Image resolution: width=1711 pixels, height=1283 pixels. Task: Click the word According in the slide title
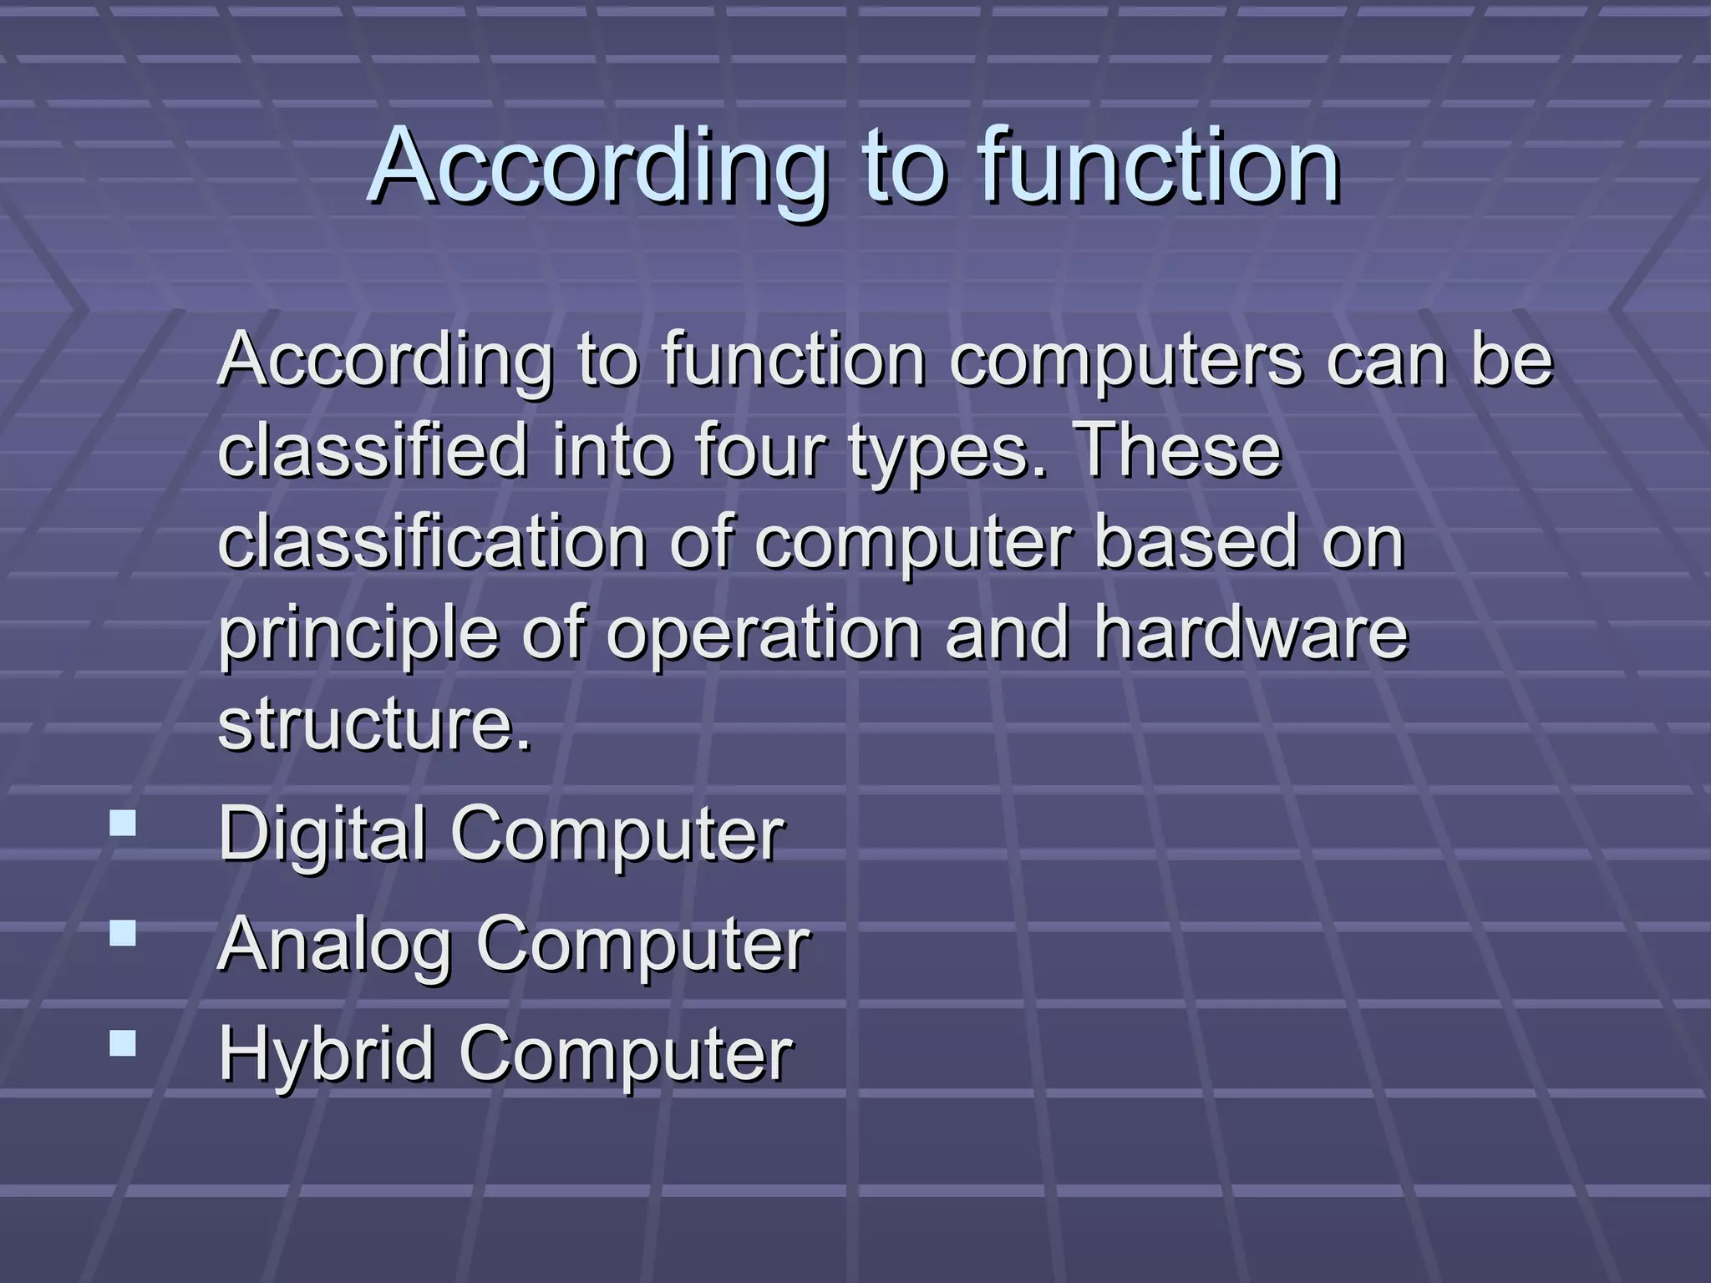point(597,167)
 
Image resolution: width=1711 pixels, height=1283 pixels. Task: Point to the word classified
point(373,451)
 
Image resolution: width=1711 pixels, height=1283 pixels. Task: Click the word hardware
point(1251,633)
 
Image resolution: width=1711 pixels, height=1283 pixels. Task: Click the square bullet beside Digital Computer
point(123,824)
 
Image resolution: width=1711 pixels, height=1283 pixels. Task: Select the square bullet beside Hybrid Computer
point(123,1043)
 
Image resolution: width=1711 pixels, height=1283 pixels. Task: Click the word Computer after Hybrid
point(626,1055)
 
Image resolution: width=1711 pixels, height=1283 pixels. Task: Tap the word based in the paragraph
point(1195,542)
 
